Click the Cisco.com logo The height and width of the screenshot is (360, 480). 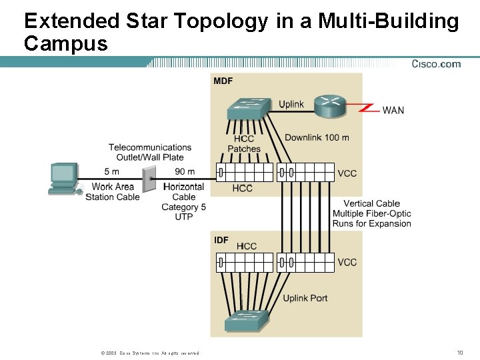pos(436,64)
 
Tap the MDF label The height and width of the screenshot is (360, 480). pos(223,81)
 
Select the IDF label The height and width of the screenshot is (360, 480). pos(221,240)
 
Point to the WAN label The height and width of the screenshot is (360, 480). pos(393,110)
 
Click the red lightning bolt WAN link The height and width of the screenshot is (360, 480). pos(368,108)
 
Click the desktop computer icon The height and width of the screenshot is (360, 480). pos(63,179)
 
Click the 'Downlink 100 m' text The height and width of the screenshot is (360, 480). pos(317,138)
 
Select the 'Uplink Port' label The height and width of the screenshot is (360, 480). pos(305,298)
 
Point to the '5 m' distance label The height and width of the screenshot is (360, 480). pos(111,172)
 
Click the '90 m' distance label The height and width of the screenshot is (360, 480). pos(185,172)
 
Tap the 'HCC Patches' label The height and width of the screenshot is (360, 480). pos(244,144)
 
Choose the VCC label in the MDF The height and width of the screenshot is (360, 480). pos(347,173)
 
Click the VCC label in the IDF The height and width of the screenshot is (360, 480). pos(347,262)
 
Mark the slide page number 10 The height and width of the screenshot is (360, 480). pos(459,352)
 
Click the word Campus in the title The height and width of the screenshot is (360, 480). pos(65,44)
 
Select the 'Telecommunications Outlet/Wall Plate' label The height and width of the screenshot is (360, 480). pos(150,152)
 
